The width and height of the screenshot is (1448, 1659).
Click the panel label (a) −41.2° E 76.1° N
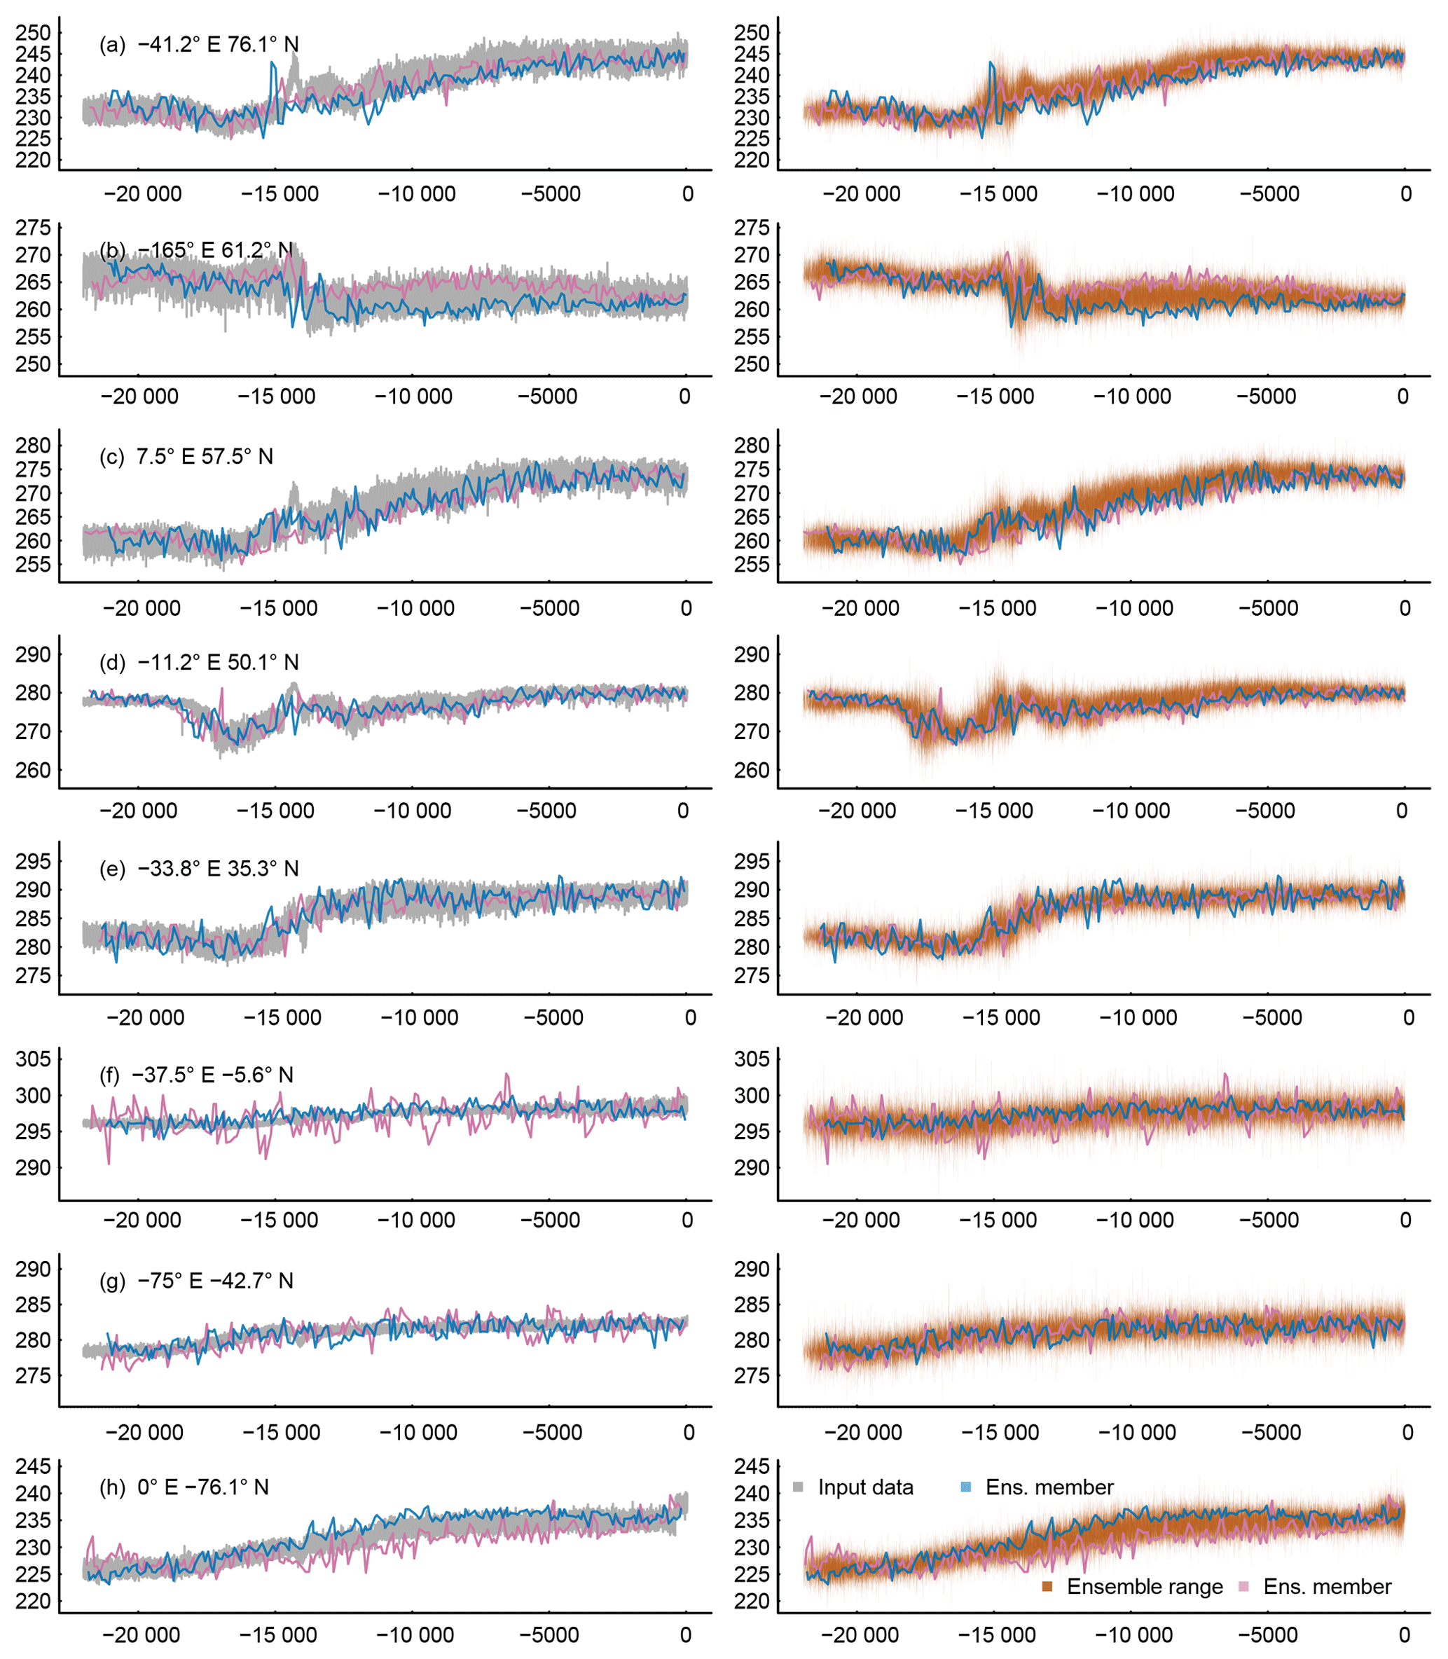(x=199, y=44)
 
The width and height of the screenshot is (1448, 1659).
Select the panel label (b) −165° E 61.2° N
(x=196, y=251)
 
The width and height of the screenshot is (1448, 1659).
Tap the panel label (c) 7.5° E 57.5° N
(x=186, y=457)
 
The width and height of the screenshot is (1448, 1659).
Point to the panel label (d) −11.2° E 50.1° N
(x=199, y=663)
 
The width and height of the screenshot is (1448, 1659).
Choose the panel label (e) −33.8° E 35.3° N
(x=199, y=869)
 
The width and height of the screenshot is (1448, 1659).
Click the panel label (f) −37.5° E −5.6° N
(x=196, y=1075)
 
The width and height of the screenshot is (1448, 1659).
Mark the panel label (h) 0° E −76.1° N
(x=184, y=1487)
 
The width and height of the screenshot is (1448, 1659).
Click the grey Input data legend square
(x=799, y=1487)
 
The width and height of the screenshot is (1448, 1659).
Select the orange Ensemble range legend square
(x=1047, y=1586)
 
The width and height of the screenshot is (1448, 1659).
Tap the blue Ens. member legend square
(x=965, y=1487)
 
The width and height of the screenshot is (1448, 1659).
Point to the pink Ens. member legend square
(x=1243, y=1586)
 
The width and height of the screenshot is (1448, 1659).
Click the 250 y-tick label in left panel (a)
(x=33, y=33)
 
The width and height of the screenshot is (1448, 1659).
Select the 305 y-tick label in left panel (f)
(x=33, y=1059)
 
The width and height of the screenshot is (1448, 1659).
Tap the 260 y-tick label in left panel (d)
(x=33, y=770)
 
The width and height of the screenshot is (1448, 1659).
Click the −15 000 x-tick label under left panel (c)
(x=279, y=609)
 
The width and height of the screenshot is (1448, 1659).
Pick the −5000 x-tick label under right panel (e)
(x=1272, y=1017)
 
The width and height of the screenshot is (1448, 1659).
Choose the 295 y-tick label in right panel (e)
(x=752, y=862)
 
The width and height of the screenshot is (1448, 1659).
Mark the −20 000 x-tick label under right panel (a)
(x=862, y=194)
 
